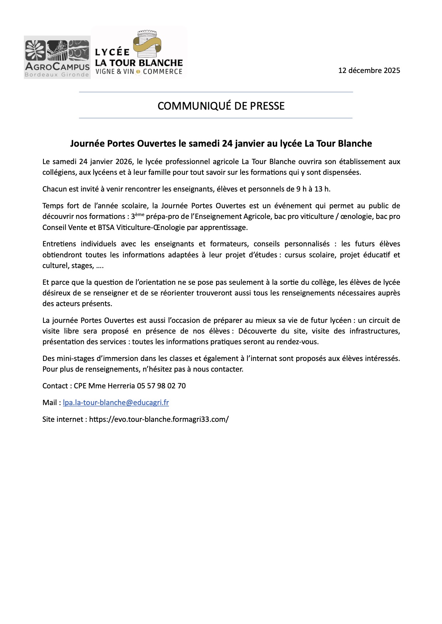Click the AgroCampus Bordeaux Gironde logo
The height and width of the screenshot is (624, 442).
(57, 57)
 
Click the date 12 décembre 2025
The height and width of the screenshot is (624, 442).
(369, 70)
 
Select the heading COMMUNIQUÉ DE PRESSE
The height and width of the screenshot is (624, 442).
(221, 106)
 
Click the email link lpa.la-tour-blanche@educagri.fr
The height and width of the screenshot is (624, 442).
(116, 403)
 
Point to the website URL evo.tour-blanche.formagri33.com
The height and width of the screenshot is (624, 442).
(159, 419)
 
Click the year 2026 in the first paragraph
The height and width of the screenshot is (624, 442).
(124, 162)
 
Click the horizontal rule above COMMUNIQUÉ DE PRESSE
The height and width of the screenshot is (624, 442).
(216, 92)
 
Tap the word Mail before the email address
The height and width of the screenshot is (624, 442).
(50, 403)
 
